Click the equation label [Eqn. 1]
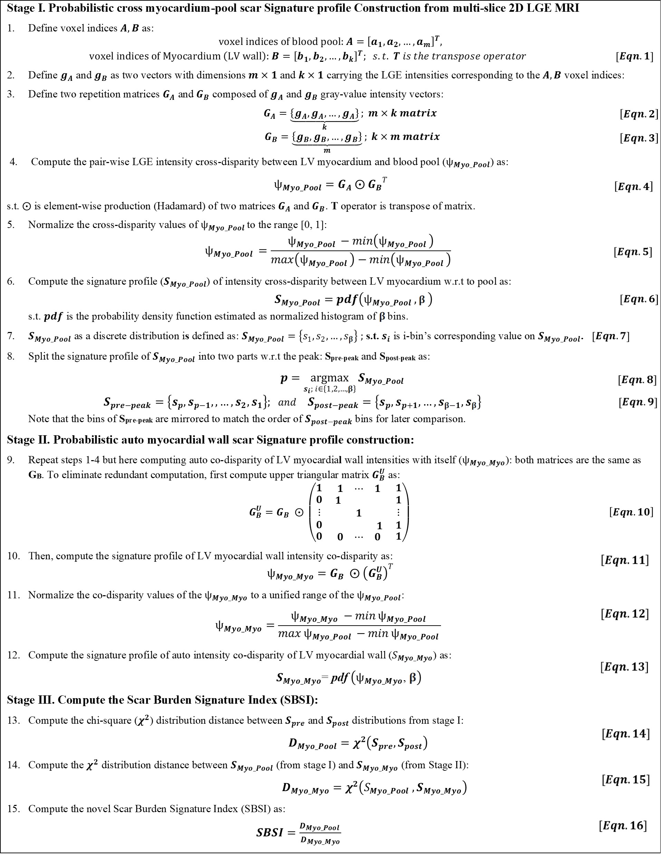point(634,56)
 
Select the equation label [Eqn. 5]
point(632,252)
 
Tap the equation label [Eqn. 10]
point(631,512)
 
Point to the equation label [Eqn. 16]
point(623,826)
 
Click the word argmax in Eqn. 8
point(329,378)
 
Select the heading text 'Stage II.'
point(28,440)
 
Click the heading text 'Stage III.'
point(30,700)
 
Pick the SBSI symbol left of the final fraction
point(269,832)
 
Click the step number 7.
point(11,336)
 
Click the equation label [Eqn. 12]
point(625,614)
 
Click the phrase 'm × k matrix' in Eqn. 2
point(402,114)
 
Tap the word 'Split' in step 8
point(38,356)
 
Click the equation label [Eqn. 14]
point(625,733)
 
